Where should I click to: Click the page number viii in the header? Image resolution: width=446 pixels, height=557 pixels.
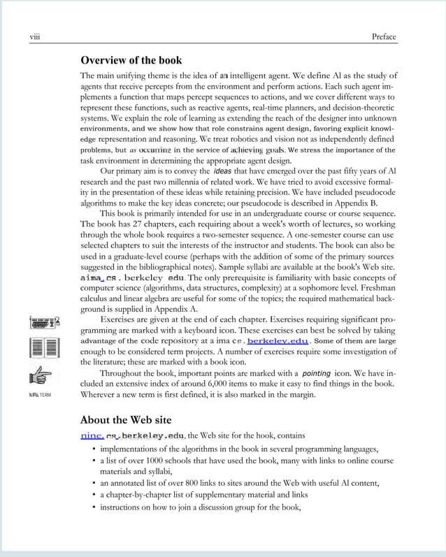point(34,37)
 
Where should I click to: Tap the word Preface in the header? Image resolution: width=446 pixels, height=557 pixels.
point(384,37)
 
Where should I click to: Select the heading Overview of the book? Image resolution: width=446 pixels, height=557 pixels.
point(131,60)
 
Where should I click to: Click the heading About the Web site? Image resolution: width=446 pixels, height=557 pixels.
point(125,420)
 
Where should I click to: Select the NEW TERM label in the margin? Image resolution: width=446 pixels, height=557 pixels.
point(40,395)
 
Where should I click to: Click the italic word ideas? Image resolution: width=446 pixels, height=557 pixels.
point(222,171)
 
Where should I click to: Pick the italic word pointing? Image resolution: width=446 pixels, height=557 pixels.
point(316,373)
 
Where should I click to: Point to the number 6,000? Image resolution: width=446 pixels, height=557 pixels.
point(230,384)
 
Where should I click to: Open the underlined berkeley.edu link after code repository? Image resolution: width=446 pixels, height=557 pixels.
point(278,341)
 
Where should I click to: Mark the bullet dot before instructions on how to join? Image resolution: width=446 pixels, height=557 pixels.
point(94,507)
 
